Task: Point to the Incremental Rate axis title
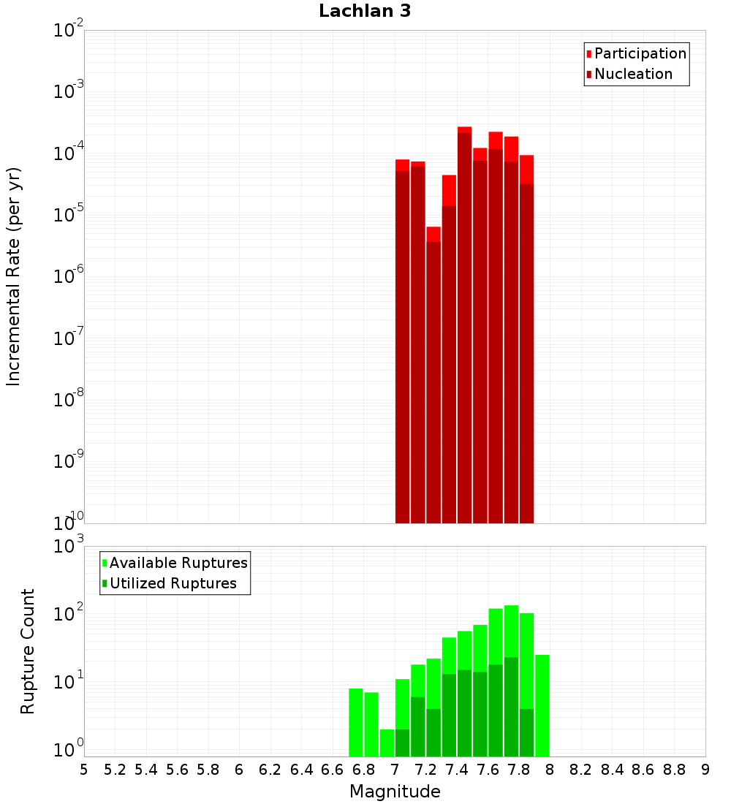click(x=14, y=276)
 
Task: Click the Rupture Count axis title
click(x=28, y=651)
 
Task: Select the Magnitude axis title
click(x=395, y=792)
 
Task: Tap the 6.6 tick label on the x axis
click(x=332, y=770)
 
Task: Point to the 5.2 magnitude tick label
click(x=115, y=770)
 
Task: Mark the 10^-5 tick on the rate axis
click(x=69, y=215)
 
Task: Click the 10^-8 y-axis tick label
click(x=69, y=400)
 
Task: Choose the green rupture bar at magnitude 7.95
click(x=542, y=705)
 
